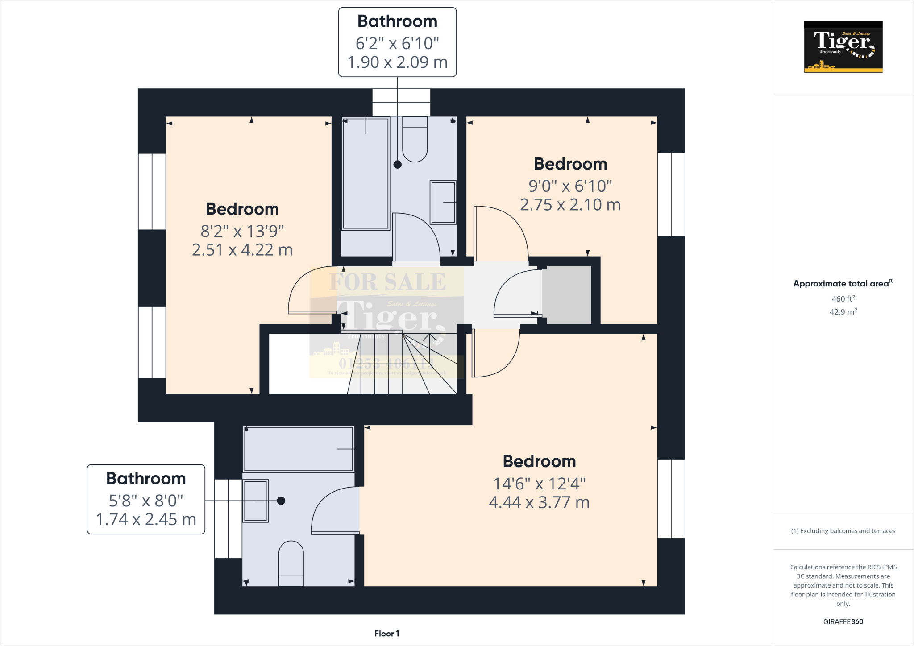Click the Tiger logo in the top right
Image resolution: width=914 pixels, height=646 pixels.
tap(843, 47)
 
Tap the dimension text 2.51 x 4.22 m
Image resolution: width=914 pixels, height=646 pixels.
tap(242, 250)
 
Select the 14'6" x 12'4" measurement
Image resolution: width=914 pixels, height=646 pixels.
tap(539, 484)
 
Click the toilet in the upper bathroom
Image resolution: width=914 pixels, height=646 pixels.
tap(415, 139)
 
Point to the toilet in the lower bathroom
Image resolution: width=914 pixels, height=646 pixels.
tap(291, 563)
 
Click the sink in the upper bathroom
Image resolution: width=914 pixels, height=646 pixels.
tap(443, 202)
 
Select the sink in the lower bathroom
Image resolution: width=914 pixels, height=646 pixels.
tap(255, 501)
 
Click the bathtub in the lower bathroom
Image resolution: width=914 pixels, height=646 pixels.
tap(299, 449)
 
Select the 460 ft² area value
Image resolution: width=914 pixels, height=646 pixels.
tap(843, 299)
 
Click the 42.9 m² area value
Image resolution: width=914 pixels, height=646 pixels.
tap(843, 312)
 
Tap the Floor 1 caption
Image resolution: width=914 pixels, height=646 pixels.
tap(386, 634)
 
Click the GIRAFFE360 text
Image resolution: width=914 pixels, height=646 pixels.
tap(843, 621)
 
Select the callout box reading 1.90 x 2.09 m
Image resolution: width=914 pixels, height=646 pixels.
tap(397, 42)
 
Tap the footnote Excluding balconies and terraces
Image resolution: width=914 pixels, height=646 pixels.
tap(843, 531)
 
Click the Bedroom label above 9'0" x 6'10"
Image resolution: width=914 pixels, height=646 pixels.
tap(570, 164)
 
